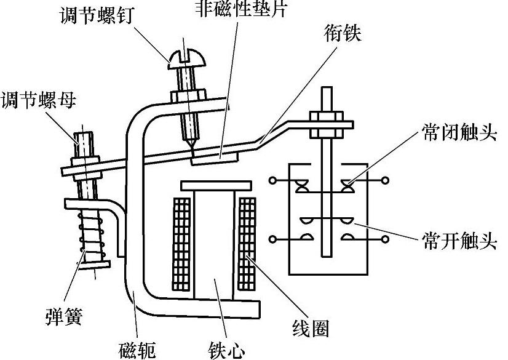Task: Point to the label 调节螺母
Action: point(38,100)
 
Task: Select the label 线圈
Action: point(311,328)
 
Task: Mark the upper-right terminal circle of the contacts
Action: point(386,180)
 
